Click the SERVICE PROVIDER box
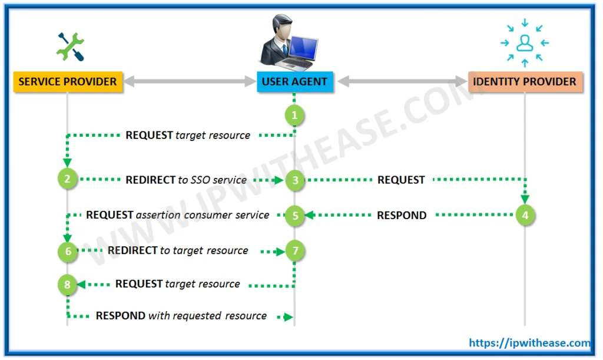(x=68, y=81)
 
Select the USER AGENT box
(x=294, y=81)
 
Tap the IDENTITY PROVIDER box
(x=525, y=81)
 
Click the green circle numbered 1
(x=295, y=115)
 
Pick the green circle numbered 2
(x=68, y=179)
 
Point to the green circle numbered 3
(x=295, y=180)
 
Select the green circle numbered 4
(x=525, y=215)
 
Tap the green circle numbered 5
(x=295, y=216)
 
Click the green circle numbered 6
(x=68, y=252)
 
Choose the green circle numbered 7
(x=296, y=251)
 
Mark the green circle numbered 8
(x=67, y=285)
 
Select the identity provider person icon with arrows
(x=524, y=43)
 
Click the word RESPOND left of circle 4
(x=402, y=215)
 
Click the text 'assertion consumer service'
(x=203, y=215)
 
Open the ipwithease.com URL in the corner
(x=529, y=343)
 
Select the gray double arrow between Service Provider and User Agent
(x=189, y=81)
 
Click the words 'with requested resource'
(x=207, y=316)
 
